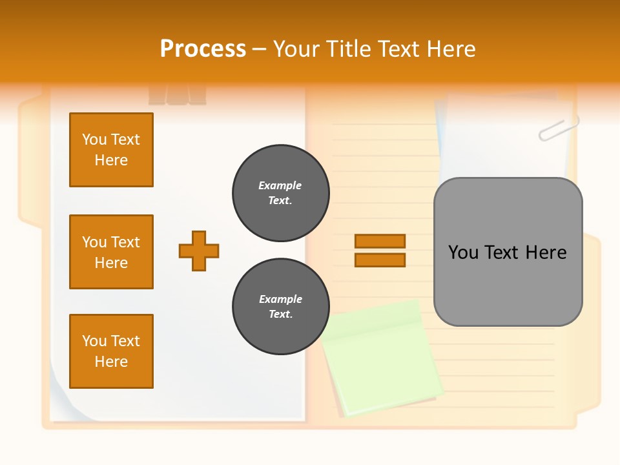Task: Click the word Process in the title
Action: coord(203,49)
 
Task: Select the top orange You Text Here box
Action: coord(111,150)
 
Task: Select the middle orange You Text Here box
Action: coord(111,252)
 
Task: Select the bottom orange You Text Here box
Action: coord(111,351)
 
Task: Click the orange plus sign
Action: coord(199,251)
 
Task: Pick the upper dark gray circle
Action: coord(281,193)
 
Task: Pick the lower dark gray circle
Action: coord(281,307)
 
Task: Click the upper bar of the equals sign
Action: coord(380,241)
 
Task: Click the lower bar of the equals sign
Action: coord(380,260)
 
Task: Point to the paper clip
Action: coord(559,129)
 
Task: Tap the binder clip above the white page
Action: coord(177,95)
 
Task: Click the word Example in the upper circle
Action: coord(280,185)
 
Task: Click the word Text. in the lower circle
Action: coord(281,315)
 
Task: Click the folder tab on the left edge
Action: coord(29,155)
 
